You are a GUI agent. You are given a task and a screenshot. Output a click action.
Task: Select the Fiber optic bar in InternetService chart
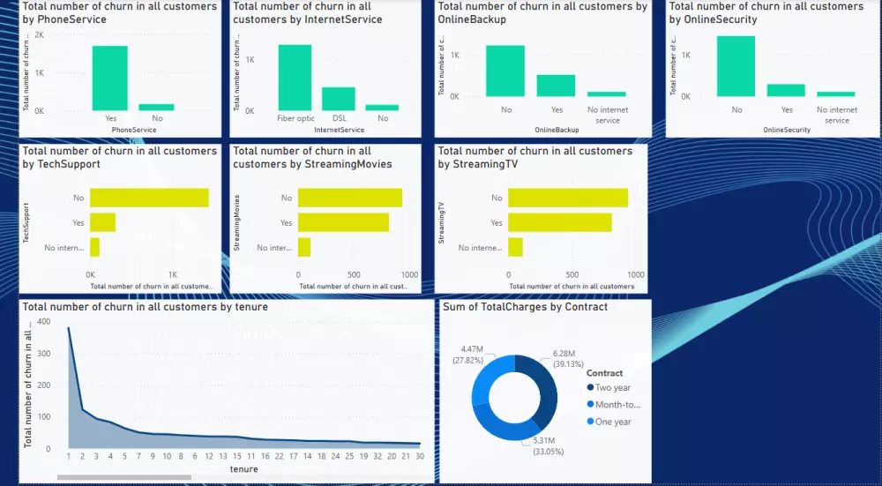295,77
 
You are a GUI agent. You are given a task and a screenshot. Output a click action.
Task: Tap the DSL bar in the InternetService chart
338,98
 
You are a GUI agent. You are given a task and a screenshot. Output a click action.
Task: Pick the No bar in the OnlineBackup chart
505,71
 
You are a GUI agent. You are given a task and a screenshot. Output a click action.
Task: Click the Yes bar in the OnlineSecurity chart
786,90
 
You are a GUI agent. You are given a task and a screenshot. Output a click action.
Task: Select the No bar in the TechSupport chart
149,198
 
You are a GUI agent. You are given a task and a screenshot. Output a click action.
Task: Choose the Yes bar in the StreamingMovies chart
343,222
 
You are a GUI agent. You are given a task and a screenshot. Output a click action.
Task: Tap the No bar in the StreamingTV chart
568,198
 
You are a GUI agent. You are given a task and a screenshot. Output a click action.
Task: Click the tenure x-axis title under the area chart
243,469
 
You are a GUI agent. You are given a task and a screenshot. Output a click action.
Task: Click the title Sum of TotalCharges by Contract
525,307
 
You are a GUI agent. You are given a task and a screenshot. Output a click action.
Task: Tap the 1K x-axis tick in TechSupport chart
173,274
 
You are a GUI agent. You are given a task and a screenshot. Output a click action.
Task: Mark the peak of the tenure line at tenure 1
69,327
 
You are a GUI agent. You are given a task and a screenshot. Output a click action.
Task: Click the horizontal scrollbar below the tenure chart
123,478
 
